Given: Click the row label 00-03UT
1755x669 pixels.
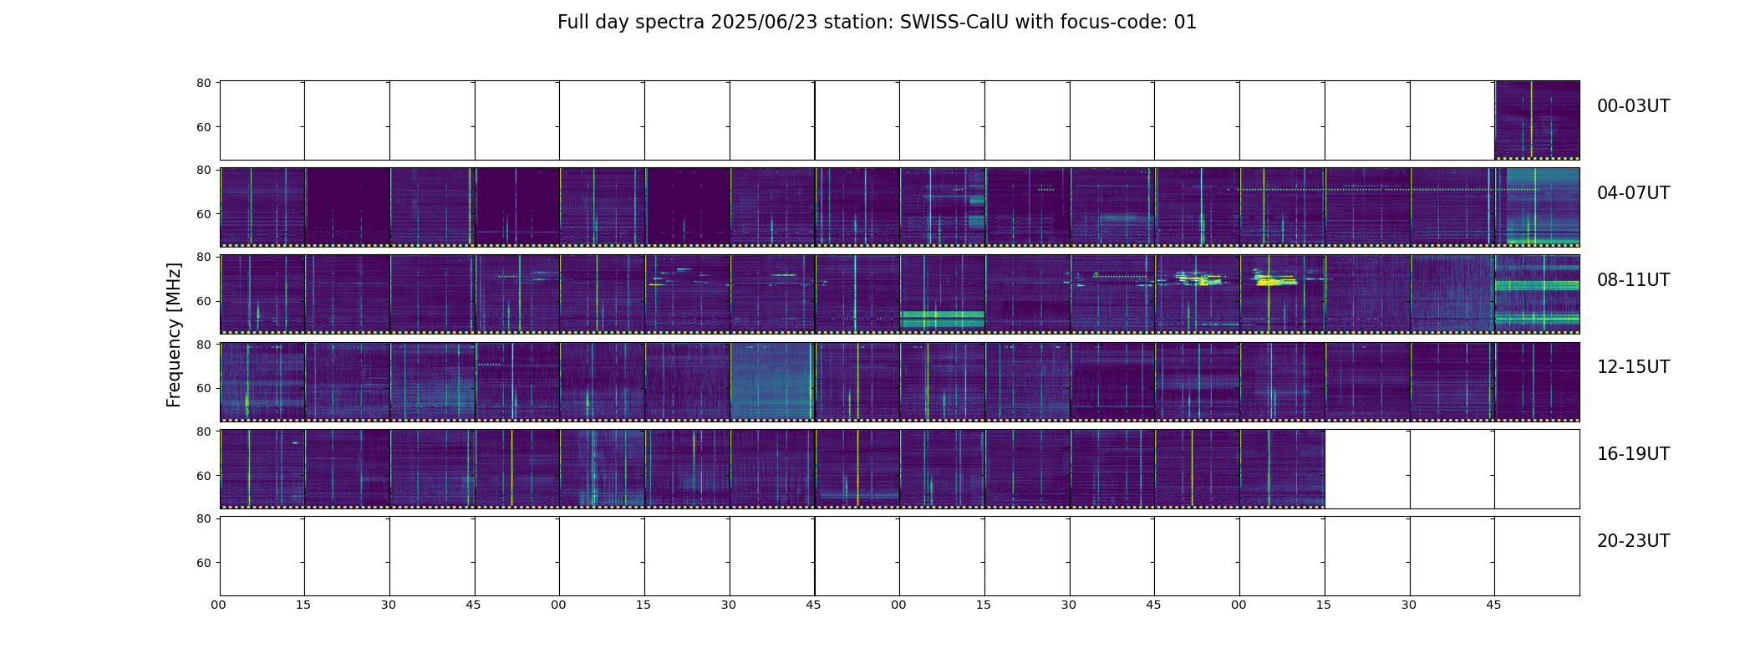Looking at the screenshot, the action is (x=1633, y=106).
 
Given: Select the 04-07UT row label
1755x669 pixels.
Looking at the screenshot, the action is (x=1633, y=193).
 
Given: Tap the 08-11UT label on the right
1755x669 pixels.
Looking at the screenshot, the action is (x=1633, y=280).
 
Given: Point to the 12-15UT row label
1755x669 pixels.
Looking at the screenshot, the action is (x=1633, y=367).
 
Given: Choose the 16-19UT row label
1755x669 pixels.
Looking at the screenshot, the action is (x=1633, y=454).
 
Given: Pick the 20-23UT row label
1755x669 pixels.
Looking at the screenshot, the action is (x=1633, y=541).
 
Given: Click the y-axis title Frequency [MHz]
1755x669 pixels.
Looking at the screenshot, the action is (x=174, y=334).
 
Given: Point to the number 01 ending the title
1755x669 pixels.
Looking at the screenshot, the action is (x=1185, y=23).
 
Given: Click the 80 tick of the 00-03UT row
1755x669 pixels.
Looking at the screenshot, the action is (x=203, y=83).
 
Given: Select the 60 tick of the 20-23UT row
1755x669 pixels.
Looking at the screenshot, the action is (x=203, y=563).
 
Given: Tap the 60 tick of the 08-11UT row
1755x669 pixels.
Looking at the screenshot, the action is (x=203, y=301).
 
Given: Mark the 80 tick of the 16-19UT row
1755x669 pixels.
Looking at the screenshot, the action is (x=203, y=432).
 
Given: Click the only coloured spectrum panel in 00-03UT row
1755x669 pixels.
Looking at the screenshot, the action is (x=1537, y=120).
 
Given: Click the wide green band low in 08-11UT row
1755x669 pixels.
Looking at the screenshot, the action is (x=943, y=319).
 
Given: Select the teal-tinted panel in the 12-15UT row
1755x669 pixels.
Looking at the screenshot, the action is (x=771, y=381).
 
